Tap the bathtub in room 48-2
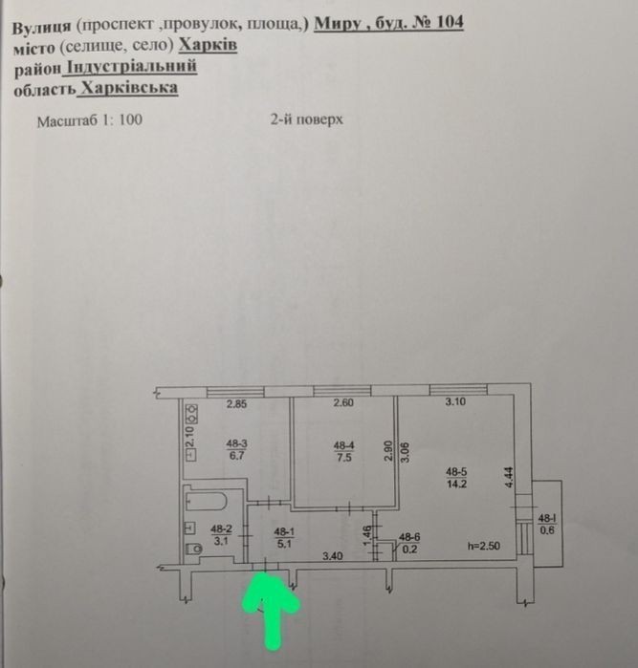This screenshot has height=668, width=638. pos(206,501)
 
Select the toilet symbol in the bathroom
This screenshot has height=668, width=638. pos(194,548)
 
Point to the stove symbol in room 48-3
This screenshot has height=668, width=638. pos(192,413)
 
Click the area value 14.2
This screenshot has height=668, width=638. pos(456,484)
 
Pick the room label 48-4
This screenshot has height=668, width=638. pos(343,445)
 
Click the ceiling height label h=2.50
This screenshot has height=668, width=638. pos(484,546)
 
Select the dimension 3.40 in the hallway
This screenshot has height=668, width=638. pos(333,555)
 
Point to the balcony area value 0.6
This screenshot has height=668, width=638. pos(547,530)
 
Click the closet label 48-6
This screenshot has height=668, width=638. pos(409,538)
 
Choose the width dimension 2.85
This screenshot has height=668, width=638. pos(236,403)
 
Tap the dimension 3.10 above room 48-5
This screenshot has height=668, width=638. pos(455,401)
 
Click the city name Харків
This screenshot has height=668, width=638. pos(208,45)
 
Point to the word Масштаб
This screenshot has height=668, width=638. pos(67,121)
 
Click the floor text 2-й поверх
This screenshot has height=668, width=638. pos(307,119)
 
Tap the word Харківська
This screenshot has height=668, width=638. pos(129,88)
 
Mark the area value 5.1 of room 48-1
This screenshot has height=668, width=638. pos(284,544)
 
